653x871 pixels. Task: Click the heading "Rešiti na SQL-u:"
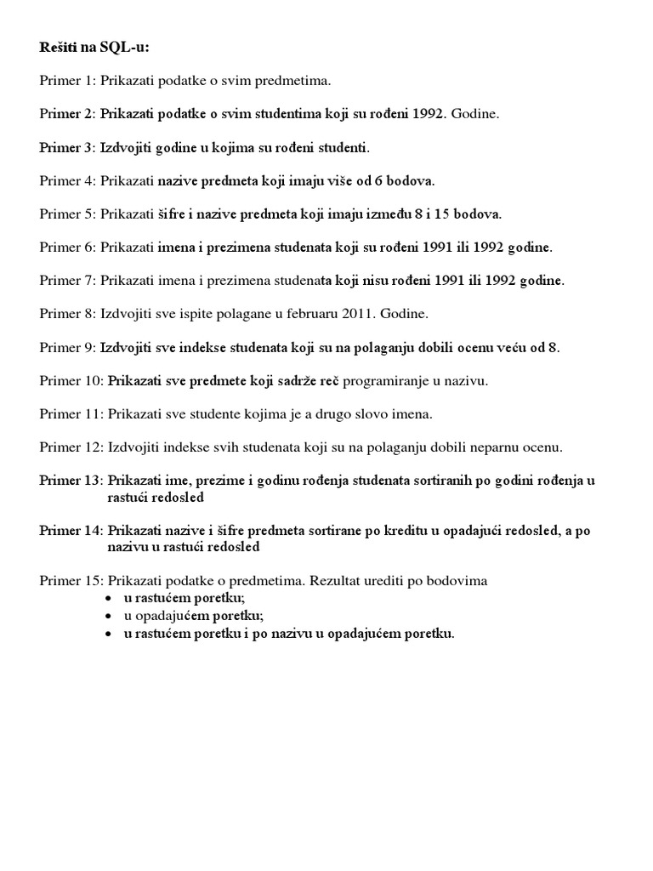pos(88,47)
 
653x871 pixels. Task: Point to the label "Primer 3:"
pos(67,147)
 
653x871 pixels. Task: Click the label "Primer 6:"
pos(67,248)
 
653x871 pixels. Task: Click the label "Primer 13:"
pos(71,481)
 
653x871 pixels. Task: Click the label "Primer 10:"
pos(71,381)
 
